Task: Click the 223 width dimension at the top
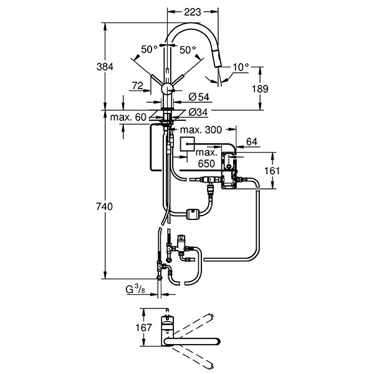tap(193, 12)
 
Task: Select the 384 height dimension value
tap(105, 67)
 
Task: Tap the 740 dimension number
tap(104, 206)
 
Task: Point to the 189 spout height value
tap(260, 89)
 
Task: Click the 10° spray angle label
tap(241, 67)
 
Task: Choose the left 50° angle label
tap(149, 49)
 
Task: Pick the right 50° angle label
tap(188, 50)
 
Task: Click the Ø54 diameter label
tap(199, 97)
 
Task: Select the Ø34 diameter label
tap(198, 112)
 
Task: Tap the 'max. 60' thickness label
tap(128, 117)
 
